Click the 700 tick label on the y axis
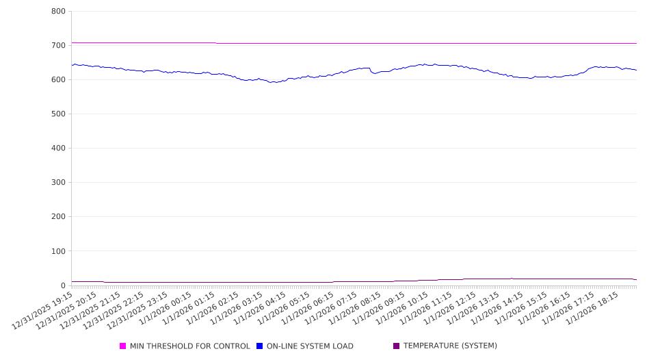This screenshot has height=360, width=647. pos(58,46)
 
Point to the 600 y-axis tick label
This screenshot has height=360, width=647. pos(58,80)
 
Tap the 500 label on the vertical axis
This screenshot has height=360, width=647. pos(58,114)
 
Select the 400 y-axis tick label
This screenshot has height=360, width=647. pos(58,149)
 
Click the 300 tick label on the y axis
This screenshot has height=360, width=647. pos(58,183)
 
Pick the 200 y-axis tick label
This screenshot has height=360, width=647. pos(58,217)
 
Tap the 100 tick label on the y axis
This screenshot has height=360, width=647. pos(58,251)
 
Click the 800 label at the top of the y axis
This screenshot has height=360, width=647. pos(58,12)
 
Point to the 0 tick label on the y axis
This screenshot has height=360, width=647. pos(62,285)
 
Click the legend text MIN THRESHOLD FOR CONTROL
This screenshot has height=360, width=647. pos(189,346)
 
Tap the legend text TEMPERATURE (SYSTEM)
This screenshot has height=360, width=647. pos(450,346)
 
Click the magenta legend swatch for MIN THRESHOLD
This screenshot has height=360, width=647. pos(123,346)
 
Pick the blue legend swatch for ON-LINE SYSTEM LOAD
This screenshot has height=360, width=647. pos(260,346)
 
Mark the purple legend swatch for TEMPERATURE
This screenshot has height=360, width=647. pos(397,346)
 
